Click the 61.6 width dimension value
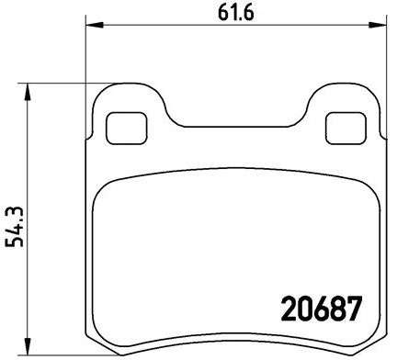click(x=236, y=13)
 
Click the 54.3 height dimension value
click(x=15, y=227)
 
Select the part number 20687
click(x=322, y=309)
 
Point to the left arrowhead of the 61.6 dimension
click(x=94, y=25)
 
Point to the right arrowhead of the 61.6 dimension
click(x=378, y=25)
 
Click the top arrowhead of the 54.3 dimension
click(x=28, y=92)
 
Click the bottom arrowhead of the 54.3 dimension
click(x=28, y=347)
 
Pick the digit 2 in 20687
click(x=289, y=309)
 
